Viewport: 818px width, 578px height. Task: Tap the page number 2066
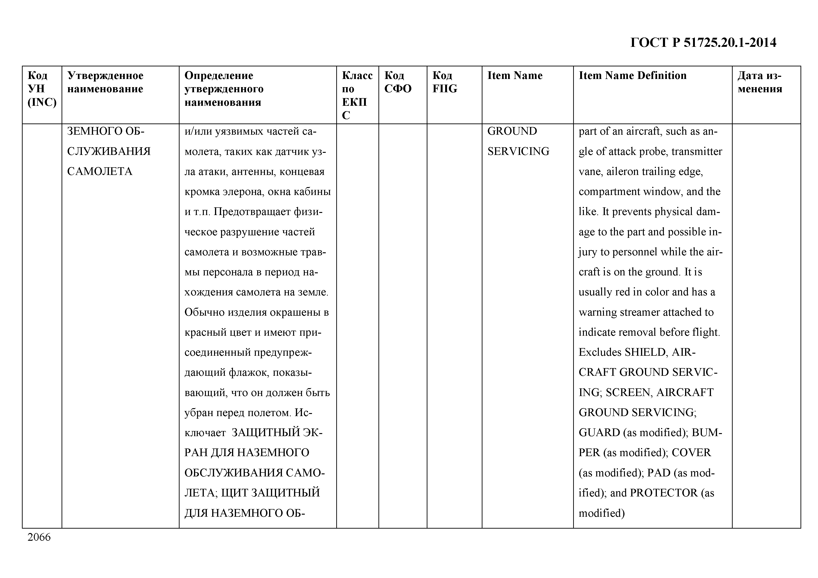click(39, 537)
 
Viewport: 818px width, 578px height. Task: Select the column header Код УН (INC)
click(42, 89)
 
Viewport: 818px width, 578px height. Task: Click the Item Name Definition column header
click(632, 75)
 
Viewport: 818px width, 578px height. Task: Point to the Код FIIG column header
click(445, 82)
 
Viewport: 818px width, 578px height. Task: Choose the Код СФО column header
click(398, 82)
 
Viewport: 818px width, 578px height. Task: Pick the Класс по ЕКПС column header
click(357, 95)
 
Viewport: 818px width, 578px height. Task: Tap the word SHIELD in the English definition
click(645, 352)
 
